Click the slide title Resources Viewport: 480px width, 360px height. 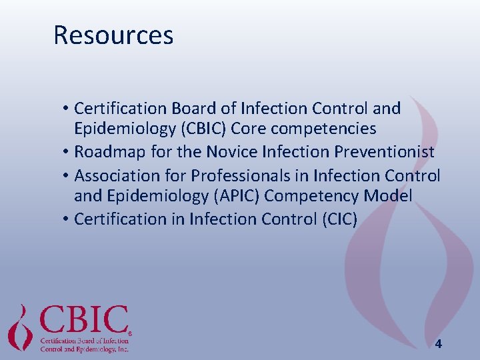point(113,35)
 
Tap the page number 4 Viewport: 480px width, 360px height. point(438,344)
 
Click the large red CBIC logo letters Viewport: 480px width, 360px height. point(85,321)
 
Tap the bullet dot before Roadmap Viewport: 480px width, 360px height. point(67,153)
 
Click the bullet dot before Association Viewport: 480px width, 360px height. point(67,176)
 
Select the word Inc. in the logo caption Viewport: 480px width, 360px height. point(121,349)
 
